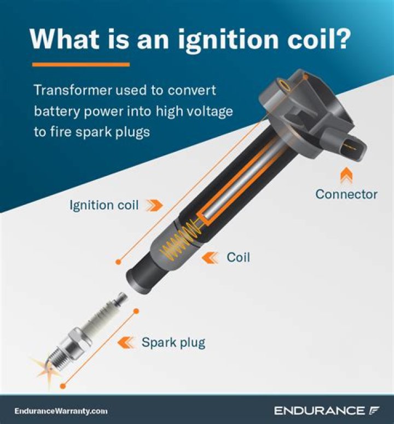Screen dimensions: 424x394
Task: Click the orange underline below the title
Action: coord(81,64)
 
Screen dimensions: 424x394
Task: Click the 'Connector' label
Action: coord(346,194)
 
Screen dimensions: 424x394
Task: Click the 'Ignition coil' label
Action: coord(105,205)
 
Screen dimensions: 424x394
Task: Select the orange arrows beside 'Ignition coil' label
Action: coord(155,205)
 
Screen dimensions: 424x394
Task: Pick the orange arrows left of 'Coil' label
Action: coord(210,256)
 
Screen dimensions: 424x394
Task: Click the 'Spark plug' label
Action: coord(173,343)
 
